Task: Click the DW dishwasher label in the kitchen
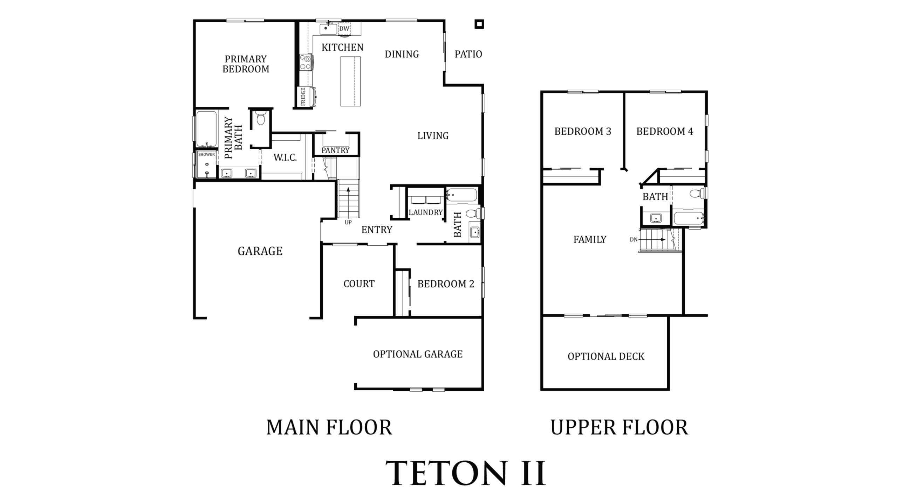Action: (344, 29)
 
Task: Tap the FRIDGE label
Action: (303, 96)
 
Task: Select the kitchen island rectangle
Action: (350, 81)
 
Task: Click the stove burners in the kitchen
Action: (306, 62)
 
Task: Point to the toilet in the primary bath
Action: (261, 118)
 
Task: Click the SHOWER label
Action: (206, 154)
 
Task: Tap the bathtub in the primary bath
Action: (206, 129)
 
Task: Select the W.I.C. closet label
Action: (285, 157)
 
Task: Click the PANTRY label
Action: (335, 150)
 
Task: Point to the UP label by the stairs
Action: (348, 223)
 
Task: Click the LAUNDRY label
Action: (425, 212)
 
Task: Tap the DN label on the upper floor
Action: (634, 240)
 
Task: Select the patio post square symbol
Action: (479, 24)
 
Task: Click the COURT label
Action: (359, 284)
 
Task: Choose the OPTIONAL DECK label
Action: (606, 356)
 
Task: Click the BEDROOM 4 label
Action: (664, 132)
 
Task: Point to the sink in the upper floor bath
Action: (656, 218)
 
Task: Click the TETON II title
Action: (466, 473)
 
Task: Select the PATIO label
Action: (468, 54)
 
